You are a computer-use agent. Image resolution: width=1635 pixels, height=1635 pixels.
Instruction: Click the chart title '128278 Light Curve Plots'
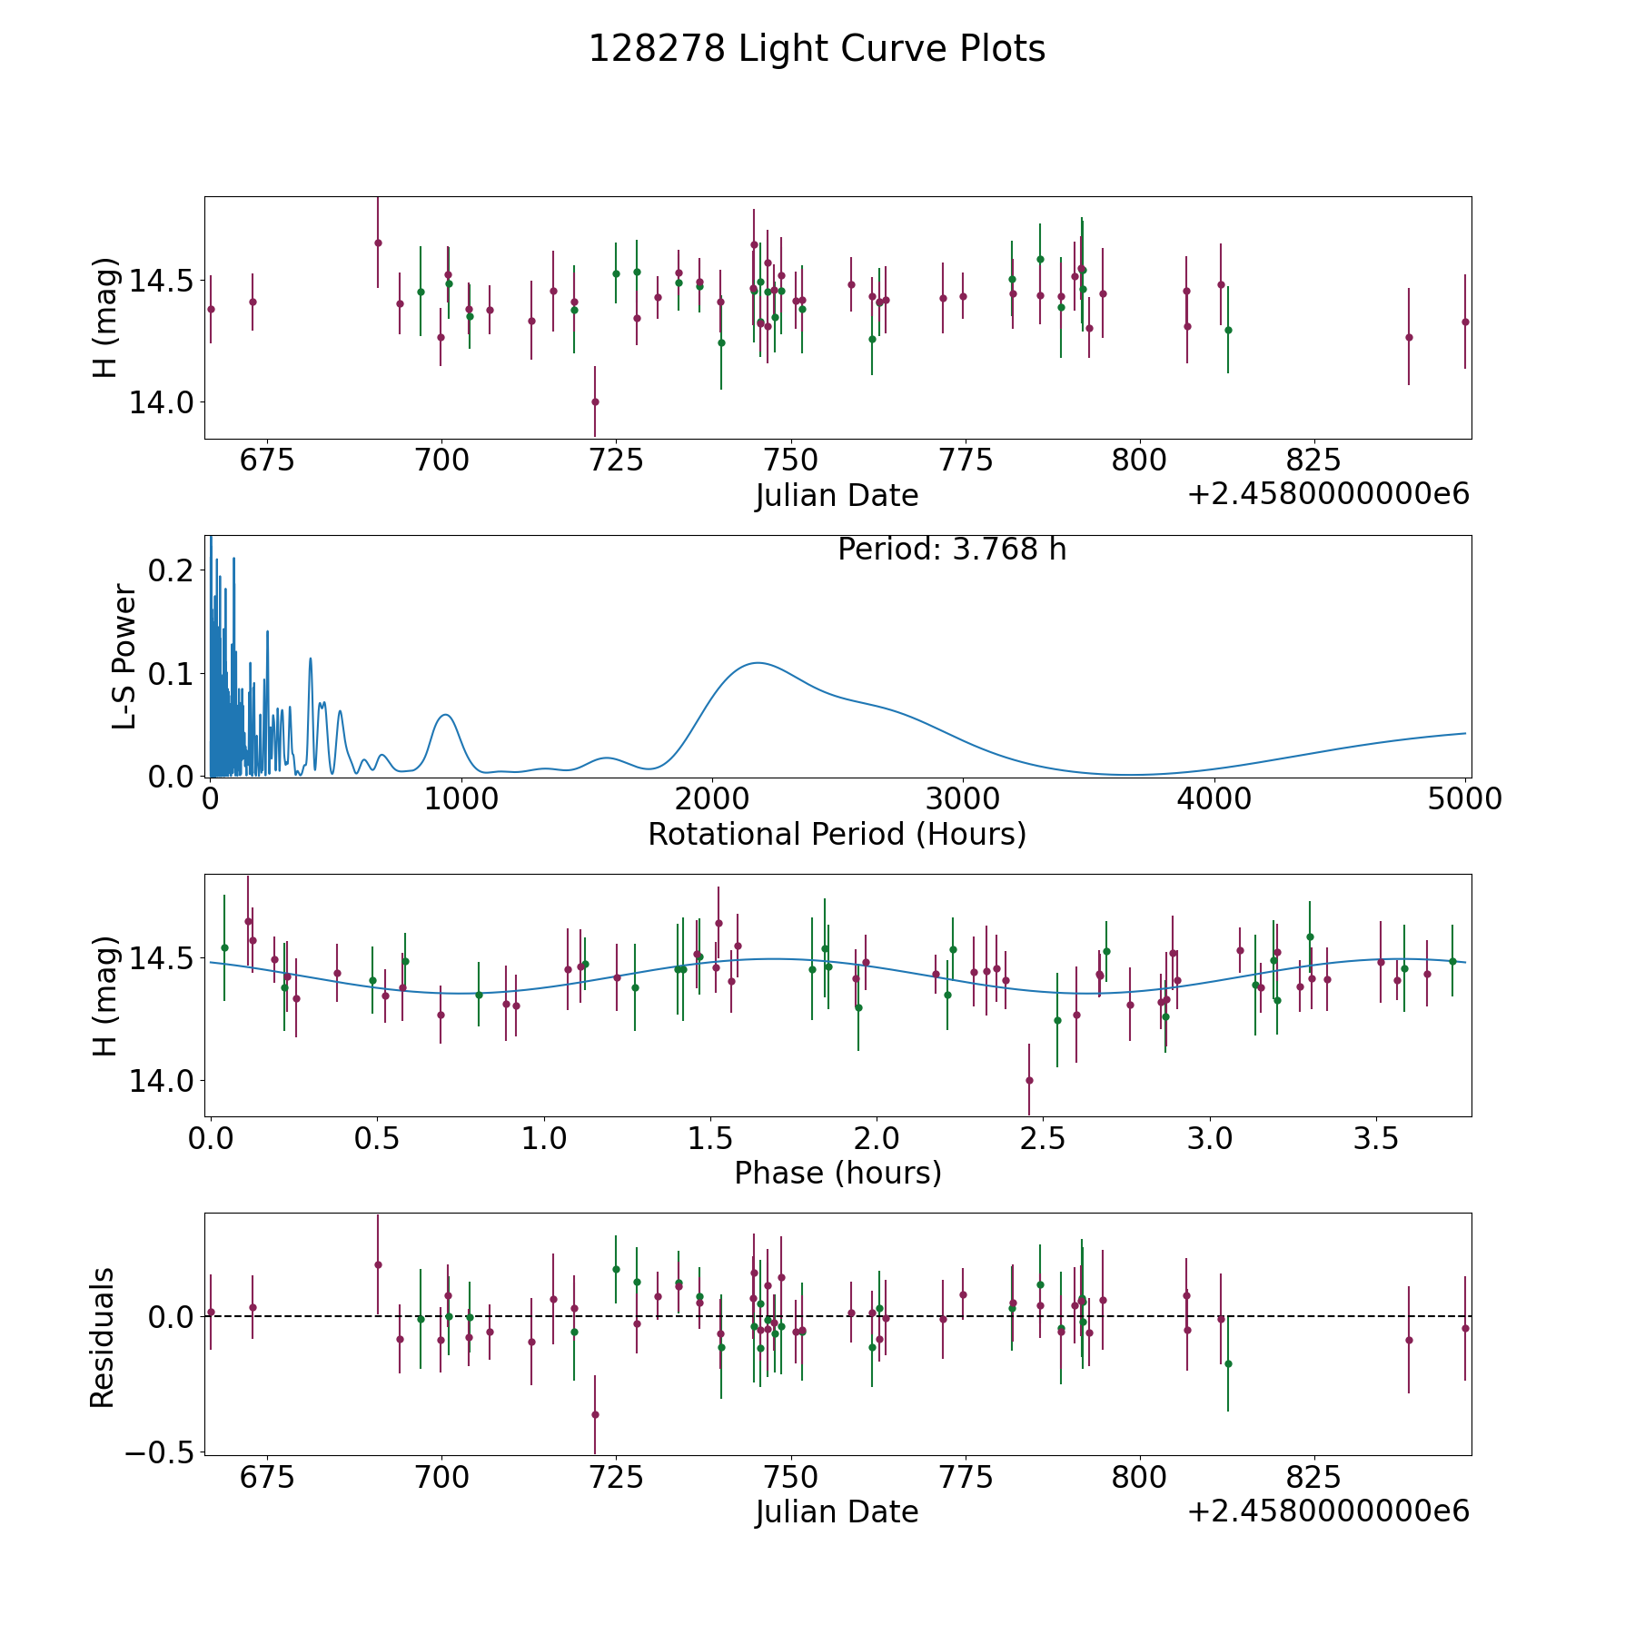(817, 49)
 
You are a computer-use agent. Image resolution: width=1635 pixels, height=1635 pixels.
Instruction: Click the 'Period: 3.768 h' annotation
(952, 549)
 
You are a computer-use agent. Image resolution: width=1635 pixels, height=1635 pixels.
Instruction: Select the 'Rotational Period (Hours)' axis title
(837, 834)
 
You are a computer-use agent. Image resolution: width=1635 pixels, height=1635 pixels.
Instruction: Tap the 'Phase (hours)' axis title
(837, 1173)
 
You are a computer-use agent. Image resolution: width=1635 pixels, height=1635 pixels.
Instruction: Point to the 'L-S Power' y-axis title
(125, 656)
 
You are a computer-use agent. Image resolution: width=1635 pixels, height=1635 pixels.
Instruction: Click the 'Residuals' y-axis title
(103, 1337)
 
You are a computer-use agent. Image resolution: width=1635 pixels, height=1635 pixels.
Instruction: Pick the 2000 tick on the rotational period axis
(712, 798)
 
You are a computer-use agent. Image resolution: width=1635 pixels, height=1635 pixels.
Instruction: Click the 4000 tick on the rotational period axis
(1214, 798)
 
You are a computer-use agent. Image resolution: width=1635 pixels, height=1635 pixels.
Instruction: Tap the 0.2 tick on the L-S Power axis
(173, 570)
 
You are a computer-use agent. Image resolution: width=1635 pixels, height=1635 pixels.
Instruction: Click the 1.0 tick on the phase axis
(544, 1138)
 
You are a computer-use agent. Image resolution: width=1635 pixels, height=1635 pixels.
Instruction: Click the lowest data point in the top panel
(595, 401)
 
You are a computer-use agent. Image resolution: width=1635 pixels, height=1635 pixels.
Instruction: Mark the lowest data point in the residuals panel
(595, 1414)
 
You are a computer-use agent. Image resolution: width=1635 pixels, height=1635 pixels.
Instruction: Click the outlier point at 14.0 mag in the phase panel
(1029, 1080)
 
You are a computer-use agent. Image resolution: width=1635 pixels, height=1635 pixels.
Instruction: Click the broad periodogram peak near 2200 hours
(757, 663)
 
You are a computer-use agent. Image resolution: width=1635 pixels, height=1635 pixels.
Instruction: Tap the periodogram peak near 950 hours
(445, 715)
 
